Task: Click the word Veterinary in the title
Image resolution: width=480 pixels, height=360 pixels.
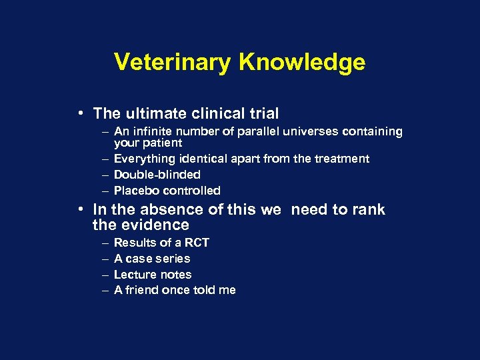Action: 173,62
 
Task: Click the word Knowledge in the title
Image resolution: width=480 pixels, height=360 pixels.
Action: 301,62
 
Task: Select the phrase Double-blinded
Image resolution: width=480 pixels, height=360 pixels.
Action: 157,175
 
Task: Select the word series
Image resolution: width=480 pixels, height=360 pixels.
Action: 172,259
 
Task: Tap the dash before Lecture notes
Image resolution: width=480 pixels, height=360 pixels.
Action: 105,275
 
